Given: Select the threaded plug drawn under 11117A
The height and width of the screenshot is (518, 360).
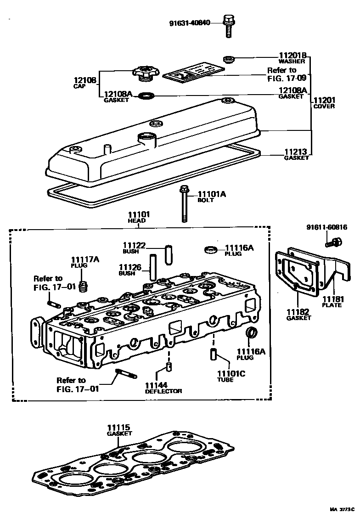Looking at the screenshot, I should click(x=83, y=287).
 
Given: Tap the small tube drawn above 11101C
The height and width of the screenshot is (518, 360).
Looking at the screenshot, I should click(x=214, y=355).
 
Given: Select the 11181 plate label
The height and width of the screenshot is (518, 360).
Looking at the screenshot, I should click(x=332, y=302).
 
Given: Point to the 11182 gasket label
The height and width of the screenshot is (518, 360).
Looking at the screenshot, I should click(x=299, y=314).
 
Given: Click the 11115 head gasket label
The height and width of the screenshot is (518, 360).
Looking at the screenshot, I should click(x=119, y=429).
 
